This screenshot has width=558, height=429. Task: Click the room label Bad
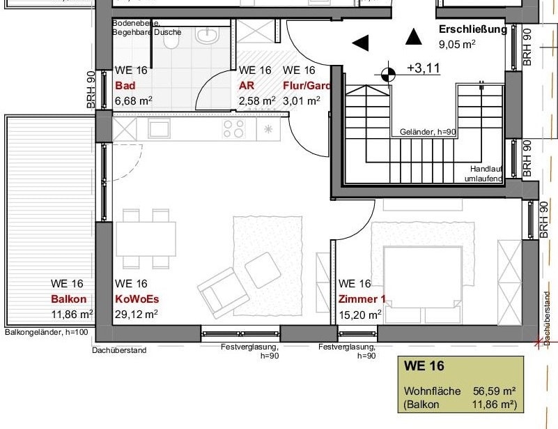pyautogui.click(x=125, y=86)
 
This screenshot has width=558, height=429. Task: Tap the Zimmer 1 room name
pyautogui.click(x=362, y=299)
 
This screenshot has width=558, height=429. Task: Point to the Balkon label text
pyautogui.click(x=68, y=299)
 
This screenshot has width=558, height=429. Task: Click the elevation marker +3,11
pyautogui.click(x=424, y=68)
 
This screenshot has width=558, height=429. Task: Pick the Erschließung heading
pyautogui.click(x=472, y=29)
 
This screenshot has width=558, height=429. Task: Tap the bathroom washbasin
pyautogui.click(x=207, y=34)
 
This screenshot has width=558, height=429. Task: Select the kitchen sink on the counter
pyautogui.click(x=159, y=128)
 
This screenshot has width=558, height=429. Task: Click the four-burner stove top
pyautogui.click(x=233, y=128)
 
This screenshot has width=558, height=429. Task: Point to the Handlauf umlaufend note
pyautogui.click(x=486, y=174)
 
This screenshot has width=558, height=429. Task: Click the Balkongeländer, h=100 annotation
pyautogui.click(x=46, y=332)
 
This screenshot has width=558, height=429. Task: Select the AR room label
pyautogui.click(x=245, y=86)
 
